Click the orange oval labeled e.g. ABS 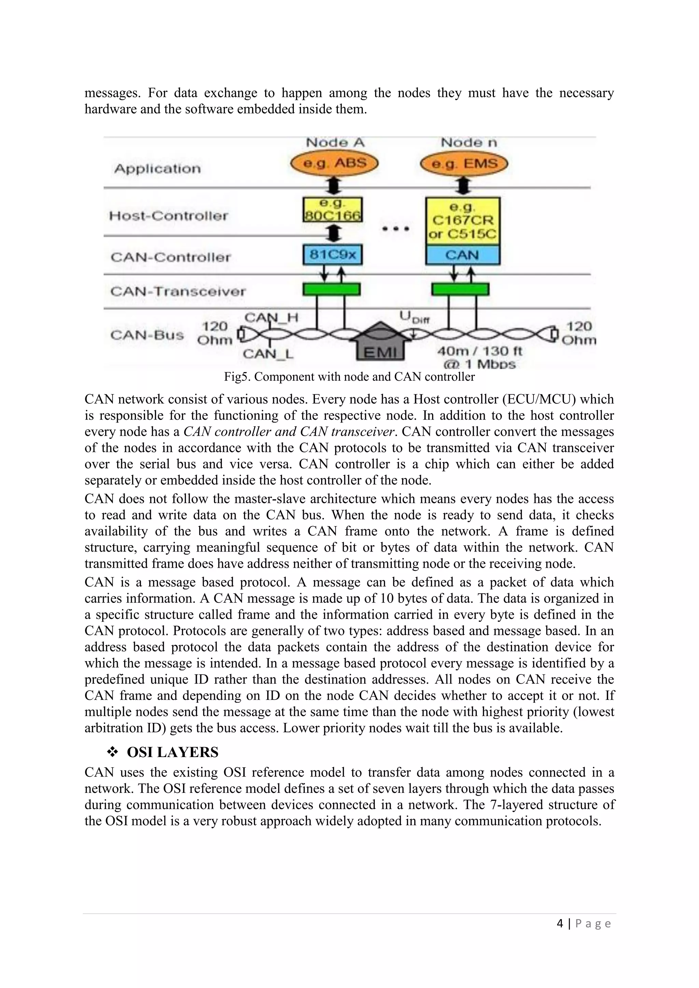click(x=334, y=163)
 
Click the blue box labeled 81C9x click(x=333, y=255)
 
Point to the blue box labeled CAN click(x=463, y=255)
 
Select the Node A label click(x=335, y=142)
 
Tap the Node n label click(x=468, y=142)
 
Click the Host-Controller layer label click(x=168, y=216)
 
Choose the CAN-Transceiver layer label click(x=178, y=291)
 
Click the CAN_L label click(x=268, y=354)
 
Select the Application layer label click(x=158, y=168)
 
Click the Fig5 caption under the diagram click(x=349, y=377)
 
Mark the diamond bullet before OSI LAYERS click(x=113, y=752)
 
